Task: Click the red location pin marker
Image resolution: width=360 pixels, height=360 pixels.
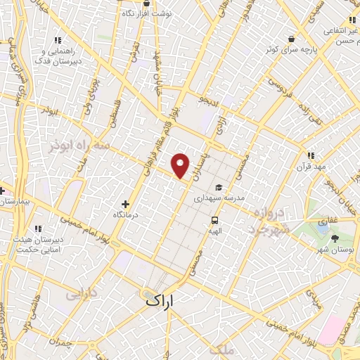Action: [181, 165]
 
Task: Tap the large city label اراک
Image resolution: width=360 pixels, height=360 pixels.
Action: [158, 300]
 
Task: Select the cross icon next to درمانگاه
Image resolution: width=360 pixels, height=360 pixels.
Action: [125, 204]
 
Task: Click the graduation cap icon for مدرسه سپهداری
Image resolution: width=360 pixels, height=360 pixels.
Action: [219, 188]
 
